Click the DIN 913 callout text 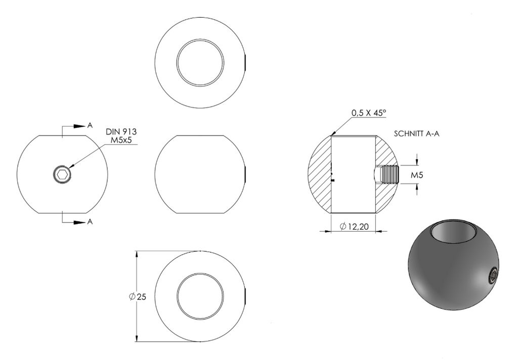[x=121, y=131]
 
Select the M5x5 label [x=121, y=140]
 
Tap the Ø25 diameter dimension [x=138, y=297]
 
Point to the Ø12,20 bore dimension [x=354, y=226]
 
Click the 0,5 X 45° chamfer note [x=369, y=113]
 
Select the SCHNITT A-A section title [x=417, y=134]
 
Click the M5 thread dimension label [x=417, y=175]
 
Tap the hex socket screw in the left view [x=62, y=174]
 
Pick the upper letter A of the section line [x=90, y=125]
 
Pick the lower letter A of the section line [x=90, y=222]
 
